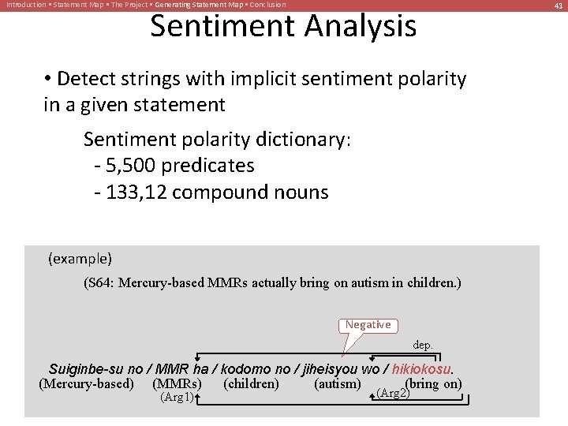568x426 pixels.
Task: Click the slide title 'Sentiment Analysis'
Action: pyautogui.click(x=283, y=26)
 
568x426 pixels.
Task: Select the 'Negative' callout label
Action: pyautogui.click(x=368, y=325)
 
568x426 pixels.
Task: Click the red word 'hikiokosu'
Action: pyautogui.click(x=421, y=369)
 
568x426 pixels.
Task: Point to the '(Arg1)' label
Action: pyautogui.click(x=177, y=398)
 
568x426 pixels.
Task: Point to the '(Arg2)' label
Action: pyautogui.click(x=394, y=393)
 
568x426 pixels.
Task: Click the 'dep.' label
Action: pyautogui.click(x=423, y=345)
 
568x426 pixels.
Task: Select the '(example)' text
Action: pyautogui.click(x=80, y=259)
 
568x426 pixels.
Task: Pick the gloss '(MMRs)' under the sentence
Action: pyautogui.click(x=177, y=384)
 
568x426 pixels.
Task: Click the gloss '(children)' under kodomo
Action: pyautogui.click(x=251, y=384)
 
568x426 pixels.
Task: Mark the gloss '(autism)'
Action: pyautogui.click(x=337, y=384)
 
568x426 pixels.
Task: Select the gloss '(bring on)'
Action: pyautogui.click(x=433, y=384)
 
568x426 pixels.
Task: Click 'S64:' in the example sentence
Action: pyautogui.click(x=99, y=282)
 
